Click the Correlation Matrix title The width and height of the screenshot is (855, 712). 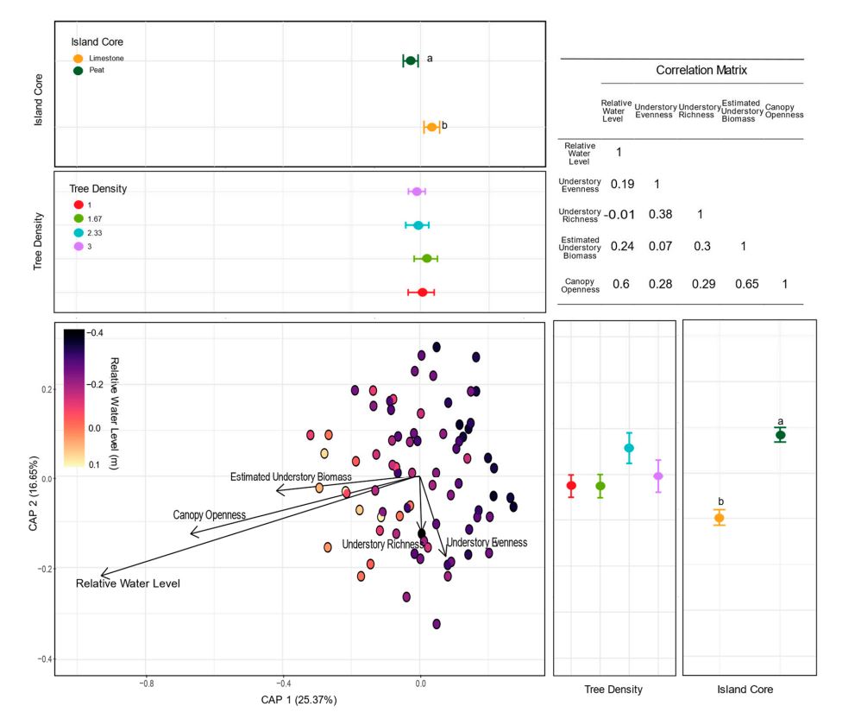click(701, 71)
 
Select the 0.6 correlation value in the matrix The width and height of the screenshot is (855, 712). click(620, 285)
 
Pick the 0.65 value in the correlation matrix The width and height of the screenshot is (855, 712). click(743, 285)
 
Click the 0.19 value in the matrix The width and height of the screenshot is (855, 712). click(622, 184)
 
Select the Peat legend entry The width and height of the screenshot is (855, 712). click(97, 71)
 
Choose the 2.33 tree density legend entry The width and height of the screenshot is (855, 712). click(94, 233)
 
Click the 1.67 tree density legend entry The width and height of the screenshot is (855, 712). click(94, 219)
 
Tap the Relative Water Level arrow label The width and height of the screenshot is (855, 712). click(128, 584)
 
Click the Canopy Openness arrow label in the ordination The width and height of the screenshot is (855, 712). click(210, 515)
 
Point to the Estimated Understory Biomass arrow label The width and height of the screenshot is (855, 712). click(291, 477)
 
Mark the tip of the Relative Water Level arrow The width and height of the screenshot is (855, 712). click(102, 575)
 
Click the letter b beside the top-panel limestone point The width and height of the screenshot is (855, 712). click(444, 126)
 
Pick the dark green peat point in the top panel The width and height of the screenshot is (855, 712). click(411, 60)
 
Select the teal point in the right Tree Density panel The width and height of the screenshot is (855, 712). click(629, 448)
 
